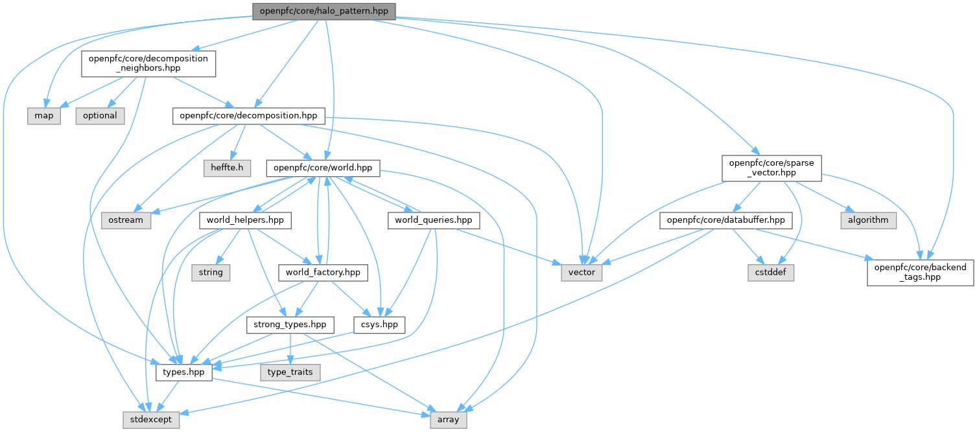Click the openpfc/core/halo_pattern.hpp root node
pos(324,11)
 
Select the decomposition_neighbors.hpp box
pos(148,63)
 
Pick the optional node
pos(100,116)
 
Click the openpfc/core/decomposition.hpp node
pos(248,116)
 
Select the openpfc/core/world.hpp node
pos(322,168)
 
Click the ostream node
pos(126,220)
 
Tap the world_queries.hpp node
pos(434,220)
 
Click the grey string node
pos(211,273)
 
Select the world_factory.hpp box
pos(323,273)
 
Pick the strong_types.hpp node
pos(290,324)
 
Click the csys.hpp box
pos(379,324)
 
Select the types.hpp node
pos(184,372)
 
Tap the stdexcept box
pos(152,420)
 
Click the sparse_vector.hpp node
pos(771,168)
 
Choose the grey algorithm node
pos(869,220)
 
